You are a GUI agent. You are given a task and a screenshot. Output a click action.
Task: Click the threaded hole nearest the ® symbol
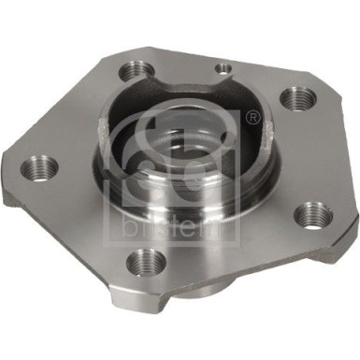click(x=298, y=96)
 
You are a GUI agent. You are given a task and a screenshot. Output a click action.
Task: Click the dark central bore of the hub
click(x=187, y=150)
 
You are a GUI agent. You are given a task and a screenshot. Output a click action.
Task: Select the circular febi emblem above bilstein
click(x=201, y=154)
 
